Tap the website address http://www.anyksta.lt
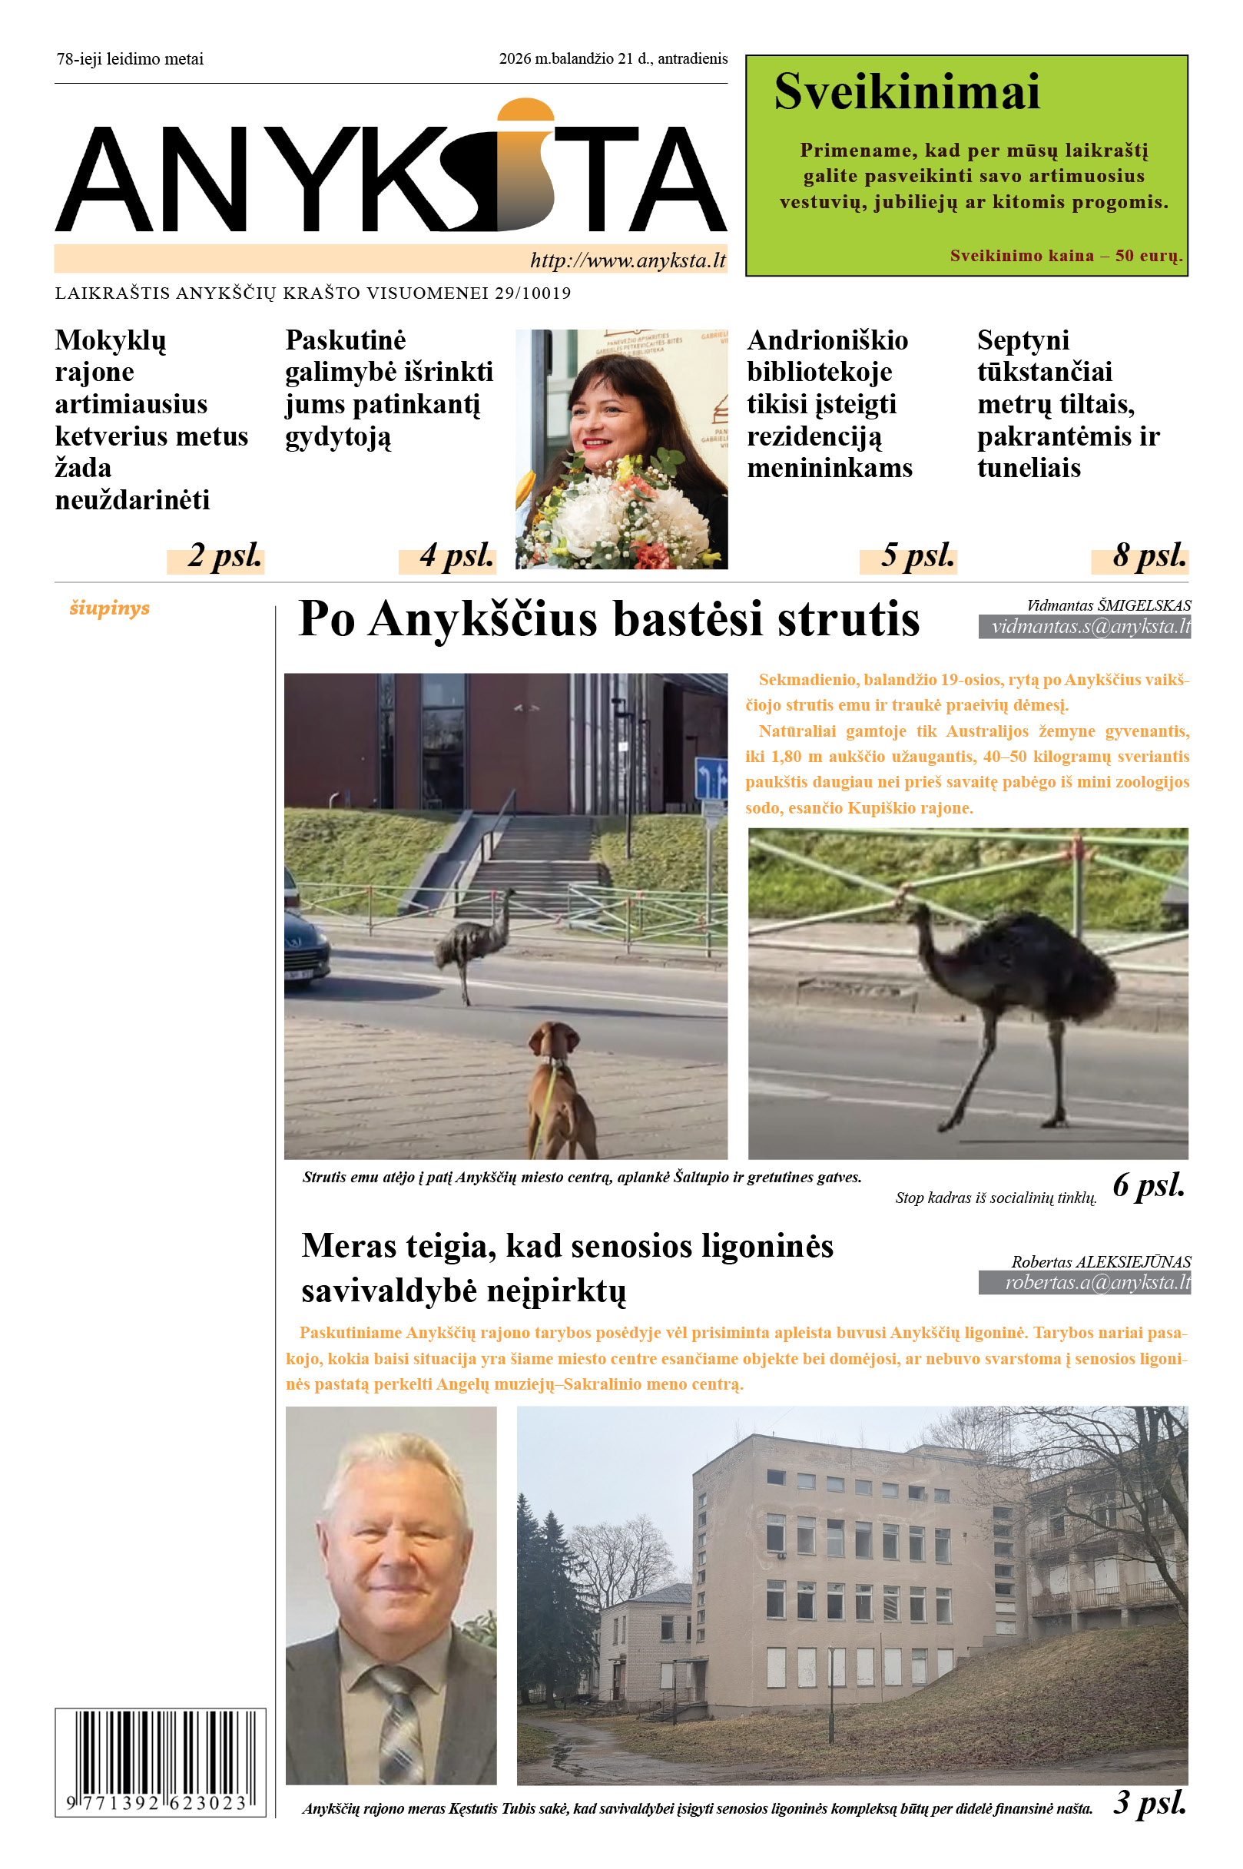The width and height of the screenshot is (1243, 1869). (627, 260)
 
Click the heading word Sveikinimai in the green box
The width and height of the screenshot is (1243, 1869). (906, 92)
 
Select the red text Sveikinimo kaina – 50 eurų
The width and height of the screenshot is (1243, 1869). (1066, 255)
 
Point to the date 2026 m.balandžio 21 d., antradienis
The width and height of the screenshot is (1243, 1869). (613, 58)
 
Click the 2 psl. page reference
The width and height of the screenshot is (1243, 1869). (224, 555)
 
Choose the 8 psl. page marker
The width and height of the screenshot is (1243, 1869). (1149, 555)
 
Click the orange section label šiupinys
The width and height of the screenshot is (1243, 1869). (109, 608)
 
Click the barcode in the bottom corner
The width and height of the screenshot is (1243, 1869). (159, 1761)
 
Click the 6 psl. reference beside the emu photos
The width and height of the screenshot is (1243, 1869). (1148, 1185)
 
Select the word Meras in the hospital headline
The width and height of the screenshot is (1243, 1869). (350, 1246)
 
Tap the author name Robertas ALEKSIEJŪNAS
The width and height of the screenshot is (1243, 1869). (1100, 1261)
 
